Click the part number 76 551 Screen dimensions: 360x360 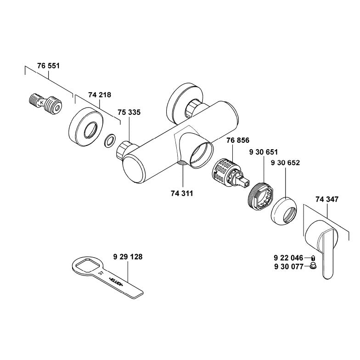[x=49, y=66]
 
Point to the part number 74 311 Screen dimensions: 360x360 [x=182, y=193]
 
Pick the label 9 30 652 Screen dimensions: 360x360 [x=285, y=163]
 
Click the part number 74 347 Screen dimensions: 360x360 [x=326, y=200]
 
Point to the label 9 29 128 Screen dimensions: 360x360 [x=127, y=257]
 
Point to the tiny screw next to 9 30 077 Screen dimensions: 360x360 [x=312, y=266]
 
